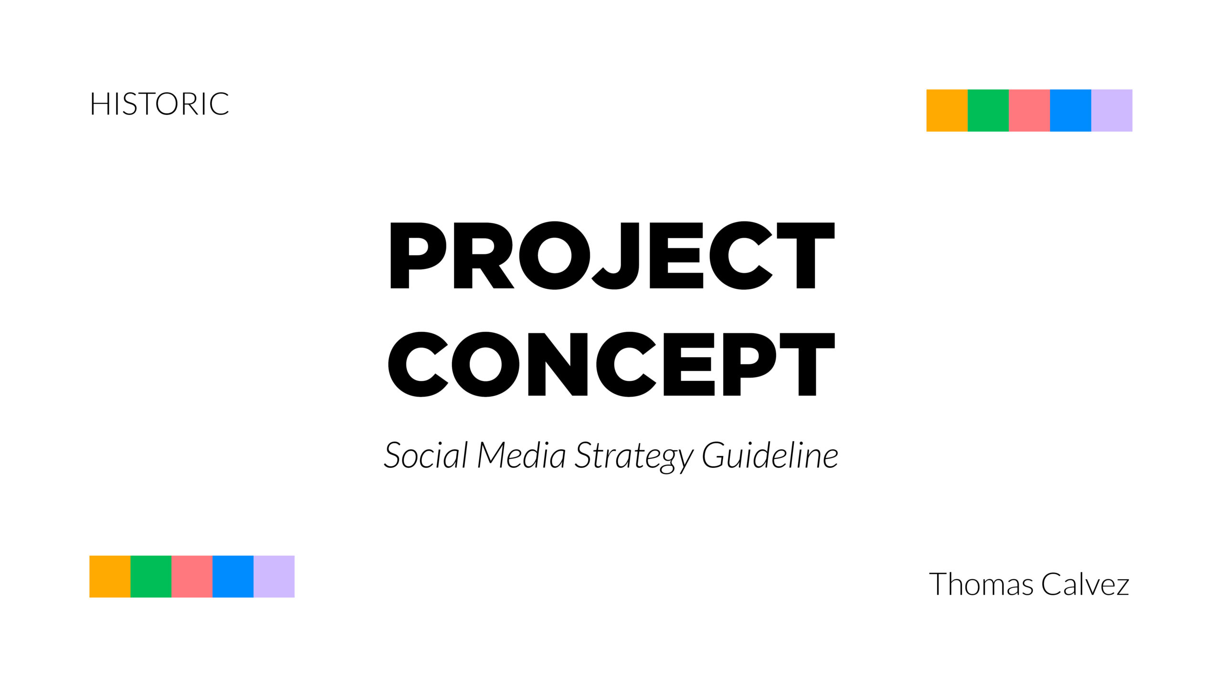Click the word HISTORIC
click(159, 104)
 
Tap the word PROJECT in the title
click(612, 255)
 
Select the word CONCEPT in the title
click(611, 364)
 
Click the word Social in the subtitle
click(426, 455)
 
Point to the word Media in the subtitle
click(521, 455)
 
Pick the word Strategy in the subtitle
click(634, 457)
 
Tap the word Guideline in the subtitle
click(770, 455)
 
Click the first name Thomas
click(981, 584)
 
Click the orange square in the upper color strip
click(947, 110)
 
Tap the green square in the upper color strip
click(988, 110)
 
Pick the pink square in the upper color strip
click(1030, 110)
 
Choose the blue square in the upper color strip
click(1071, 110)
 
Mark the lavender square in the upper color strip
click(1112, 110)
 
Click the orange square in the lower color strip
click(110, 576)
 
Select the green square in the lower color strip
click(151, 576)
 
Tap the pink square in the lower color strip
click(192, 576)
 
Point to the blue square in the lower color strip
click(233, 576)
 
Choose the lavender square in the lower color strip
click(274, 576)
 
